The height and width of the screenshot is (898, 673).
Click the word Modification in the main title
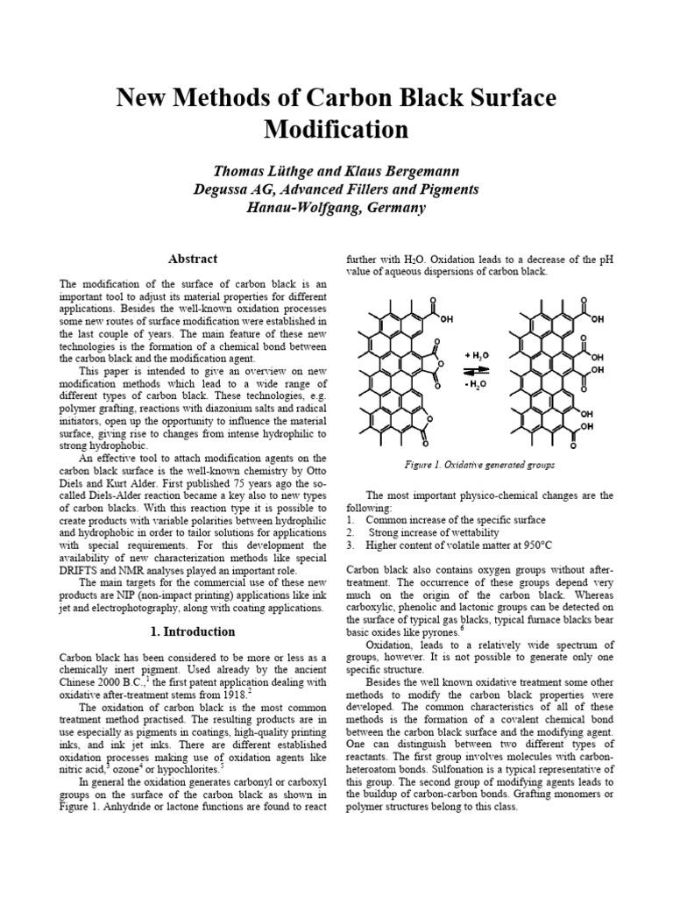(x=336, y=130)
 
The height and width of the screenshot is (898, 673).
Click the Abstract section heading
(x=193, y=259)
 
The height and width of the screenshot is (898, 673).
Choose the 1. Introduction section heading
(x=193, y=631)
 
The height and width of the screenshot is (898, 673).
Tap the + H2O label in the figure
(x=479, y=357)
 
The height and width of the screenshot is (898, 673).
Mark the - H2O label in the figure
(x=478, y=385)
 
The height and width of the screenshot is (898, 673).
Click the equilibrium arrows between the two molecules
(x=479, y=371)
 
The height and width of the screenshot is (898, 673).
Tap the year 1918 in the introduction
(x=230, y=694)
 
